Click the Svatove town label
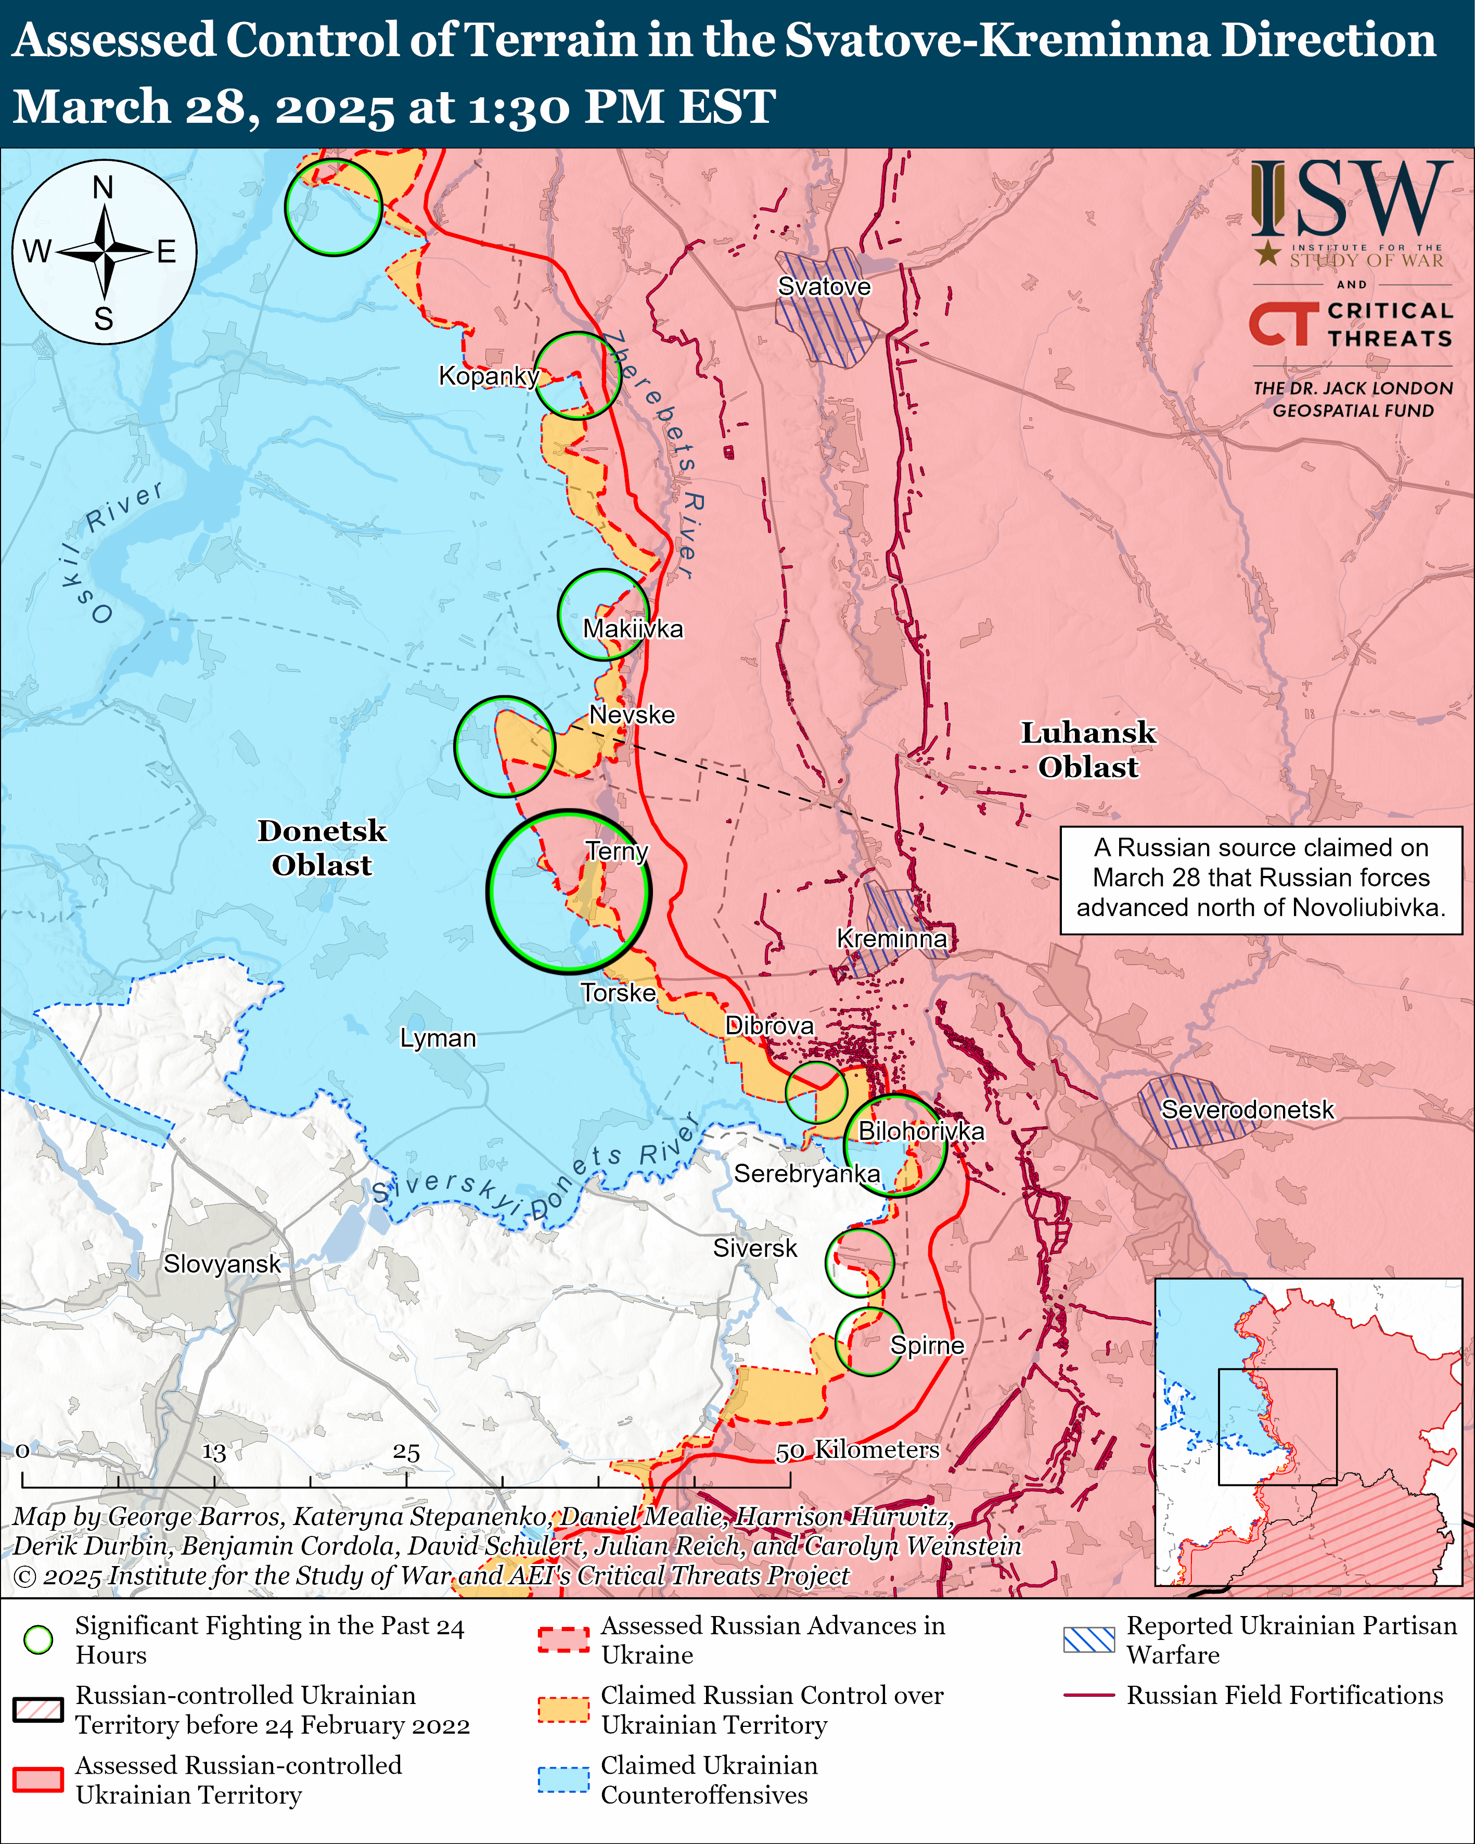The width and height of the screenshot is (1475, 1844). pos(824,287)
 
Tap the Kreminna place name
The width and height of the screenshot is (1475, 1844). pos(891,939)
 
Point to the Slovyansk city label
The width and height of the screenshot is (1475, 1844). pos(222,1264)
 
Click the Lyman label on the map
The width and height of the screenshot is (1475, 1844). pos(438,1038)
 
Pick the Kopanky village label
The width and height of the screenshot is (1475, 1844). pos(488,375)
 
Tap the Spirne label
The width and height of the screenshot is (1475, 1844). pos(927,1345)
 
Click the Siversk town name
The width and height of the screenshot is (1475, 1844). pos(754,1249)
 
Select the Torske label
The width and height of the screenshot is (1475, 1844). pos(618,993)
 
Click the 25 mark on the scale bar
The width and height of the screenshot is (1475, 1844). pos(406,1452)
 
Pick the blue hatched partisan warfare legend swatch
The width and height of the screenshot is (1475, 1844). pos(1088,1639)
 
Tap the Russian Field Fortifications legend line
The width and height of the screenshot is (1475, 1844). pos(1088,1695)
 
